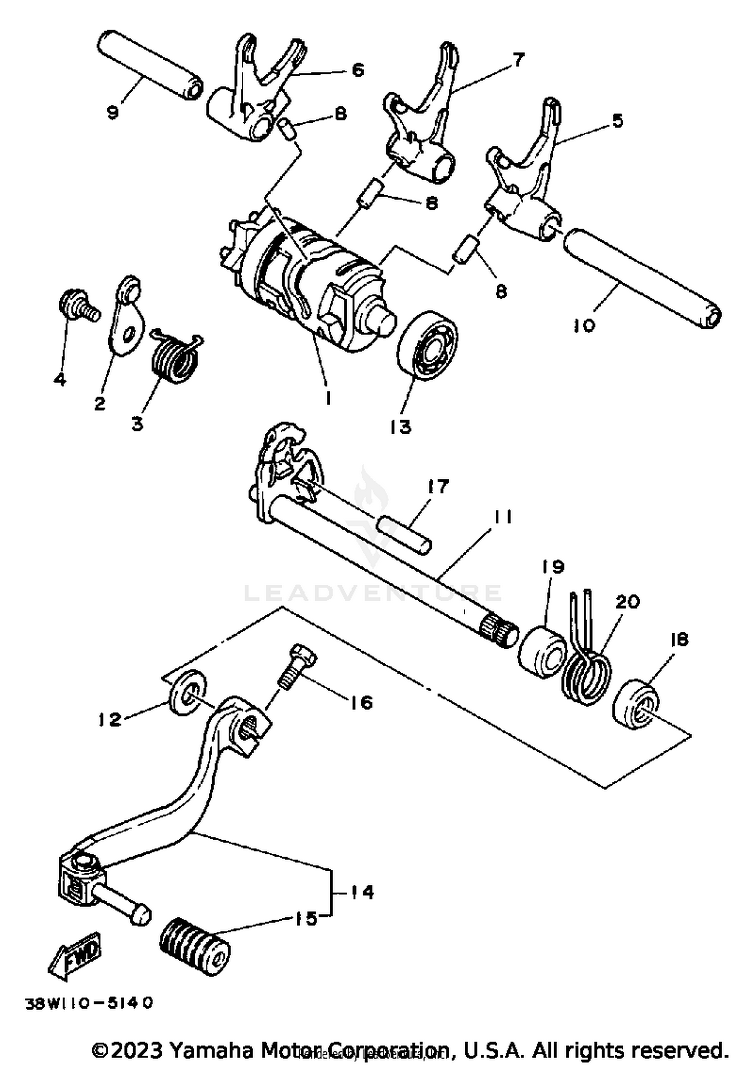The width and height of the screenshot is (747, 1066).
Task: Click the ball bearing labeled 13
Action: [x=428, y=345]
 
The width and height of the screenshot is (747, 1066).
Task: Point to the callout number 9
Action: [x=113, y=112]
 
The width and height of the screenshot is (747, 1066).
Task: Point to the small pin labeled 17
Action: [x=405, y=534]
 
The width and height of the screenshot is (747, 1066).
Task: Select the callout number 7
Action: [x=518, y=60]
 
